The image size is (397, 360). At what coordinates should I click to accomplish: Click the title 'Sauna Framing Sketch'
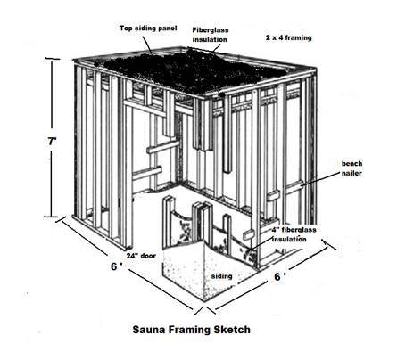click(x=191, y=330)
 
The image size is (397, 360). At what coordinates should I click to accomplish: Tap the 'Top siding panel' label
click(x=148, y=29)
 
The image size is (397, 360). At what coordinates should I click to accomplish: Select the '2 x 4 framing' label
click(x=289, y=37)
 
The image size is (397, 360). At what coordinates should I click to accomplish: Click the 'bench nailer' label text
click(x=352, y=168)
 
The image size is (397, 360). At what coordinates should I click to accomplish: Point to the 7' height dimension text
click(x=53, y=142)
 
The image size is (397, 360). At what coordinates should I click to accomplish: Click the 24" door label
click(x=141, y=256)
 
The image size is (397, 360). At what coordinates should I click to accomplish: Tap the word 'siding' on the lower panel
click(x=222, y=276)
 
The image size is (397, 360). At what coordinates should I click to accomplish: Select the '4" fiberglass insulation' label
click(x=294, y=234)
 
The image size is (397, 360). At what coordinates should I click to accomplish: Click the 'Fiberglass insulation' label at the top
click(x=211, y=35)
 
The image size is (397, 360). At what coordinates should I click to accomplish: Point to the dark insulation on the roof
click(x=190, y=70)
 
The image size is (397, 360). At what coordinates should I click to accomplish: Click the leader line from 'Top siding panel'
click(x=147, y=45)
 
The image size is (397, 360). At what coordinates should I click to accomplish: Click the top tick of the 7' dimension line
click(x=52, y=59)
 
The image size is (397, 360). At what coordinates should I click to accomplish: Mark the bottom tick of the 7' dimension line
click(x=52, y=217)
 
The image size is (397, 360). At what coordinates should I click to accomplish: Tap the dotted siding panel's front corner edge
click(x=205, y=274)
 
